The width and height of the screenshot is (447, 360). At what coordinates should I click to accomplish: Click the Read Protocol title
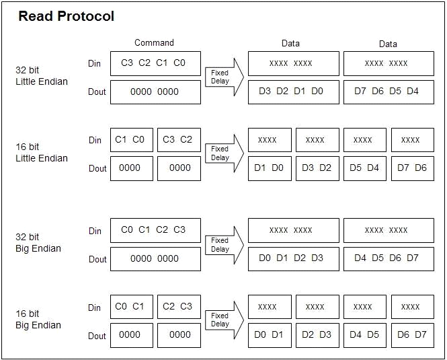pos(66,16)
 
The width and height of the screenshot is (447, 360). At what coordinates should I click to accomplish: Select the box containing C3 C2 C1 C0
pos(155,63)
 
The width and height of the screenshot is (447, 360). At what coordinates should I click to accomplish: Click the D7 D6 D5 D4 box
pos(387,92)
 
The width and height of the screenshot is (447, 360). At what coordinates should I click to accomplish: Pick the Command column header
pos(154,43)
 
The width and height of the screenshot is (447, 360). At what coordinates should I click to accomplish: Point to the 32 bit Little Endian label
pos(42,75)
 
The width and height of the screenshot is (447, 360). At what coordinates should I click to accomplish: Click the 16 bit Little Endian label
pos(42,153)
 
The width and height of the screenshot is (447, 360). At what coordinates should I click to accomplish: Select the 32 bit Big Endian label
pos(38,243)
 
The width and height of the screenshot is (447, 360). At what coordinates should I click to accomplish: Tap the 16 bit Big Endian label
pos(38,320)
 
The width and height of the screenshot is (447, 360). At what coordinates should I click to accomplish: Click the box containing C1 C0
pos(131,140)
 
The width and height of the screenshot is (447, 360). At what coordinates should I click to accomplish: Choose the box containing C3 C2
pos(179,140)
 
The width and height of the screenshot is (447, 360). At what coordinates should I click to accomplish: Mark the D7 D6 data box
pos(412,168)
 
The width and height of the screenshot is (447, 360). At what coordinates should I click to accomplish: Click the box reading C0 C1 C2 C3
pos(155,230)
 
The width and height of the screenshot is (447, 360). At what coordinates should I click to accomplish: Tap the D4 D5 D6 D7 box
pos(387,258)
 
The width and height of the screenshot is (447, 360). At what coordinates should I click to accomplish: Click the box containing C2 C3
pos(179,307)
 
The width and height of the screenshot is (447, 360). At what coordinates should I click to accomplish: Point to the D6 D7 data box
pos(412,335)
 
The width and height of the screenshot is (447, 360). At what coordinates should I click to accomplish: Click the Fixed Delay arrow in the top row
pos(222,77)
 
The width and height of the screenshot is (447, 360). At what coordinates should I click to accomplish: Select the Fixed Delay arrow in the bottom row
pos(222,321)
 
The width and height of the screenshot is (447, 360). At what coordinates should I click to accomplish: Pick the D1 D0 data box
pos(270,168)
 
